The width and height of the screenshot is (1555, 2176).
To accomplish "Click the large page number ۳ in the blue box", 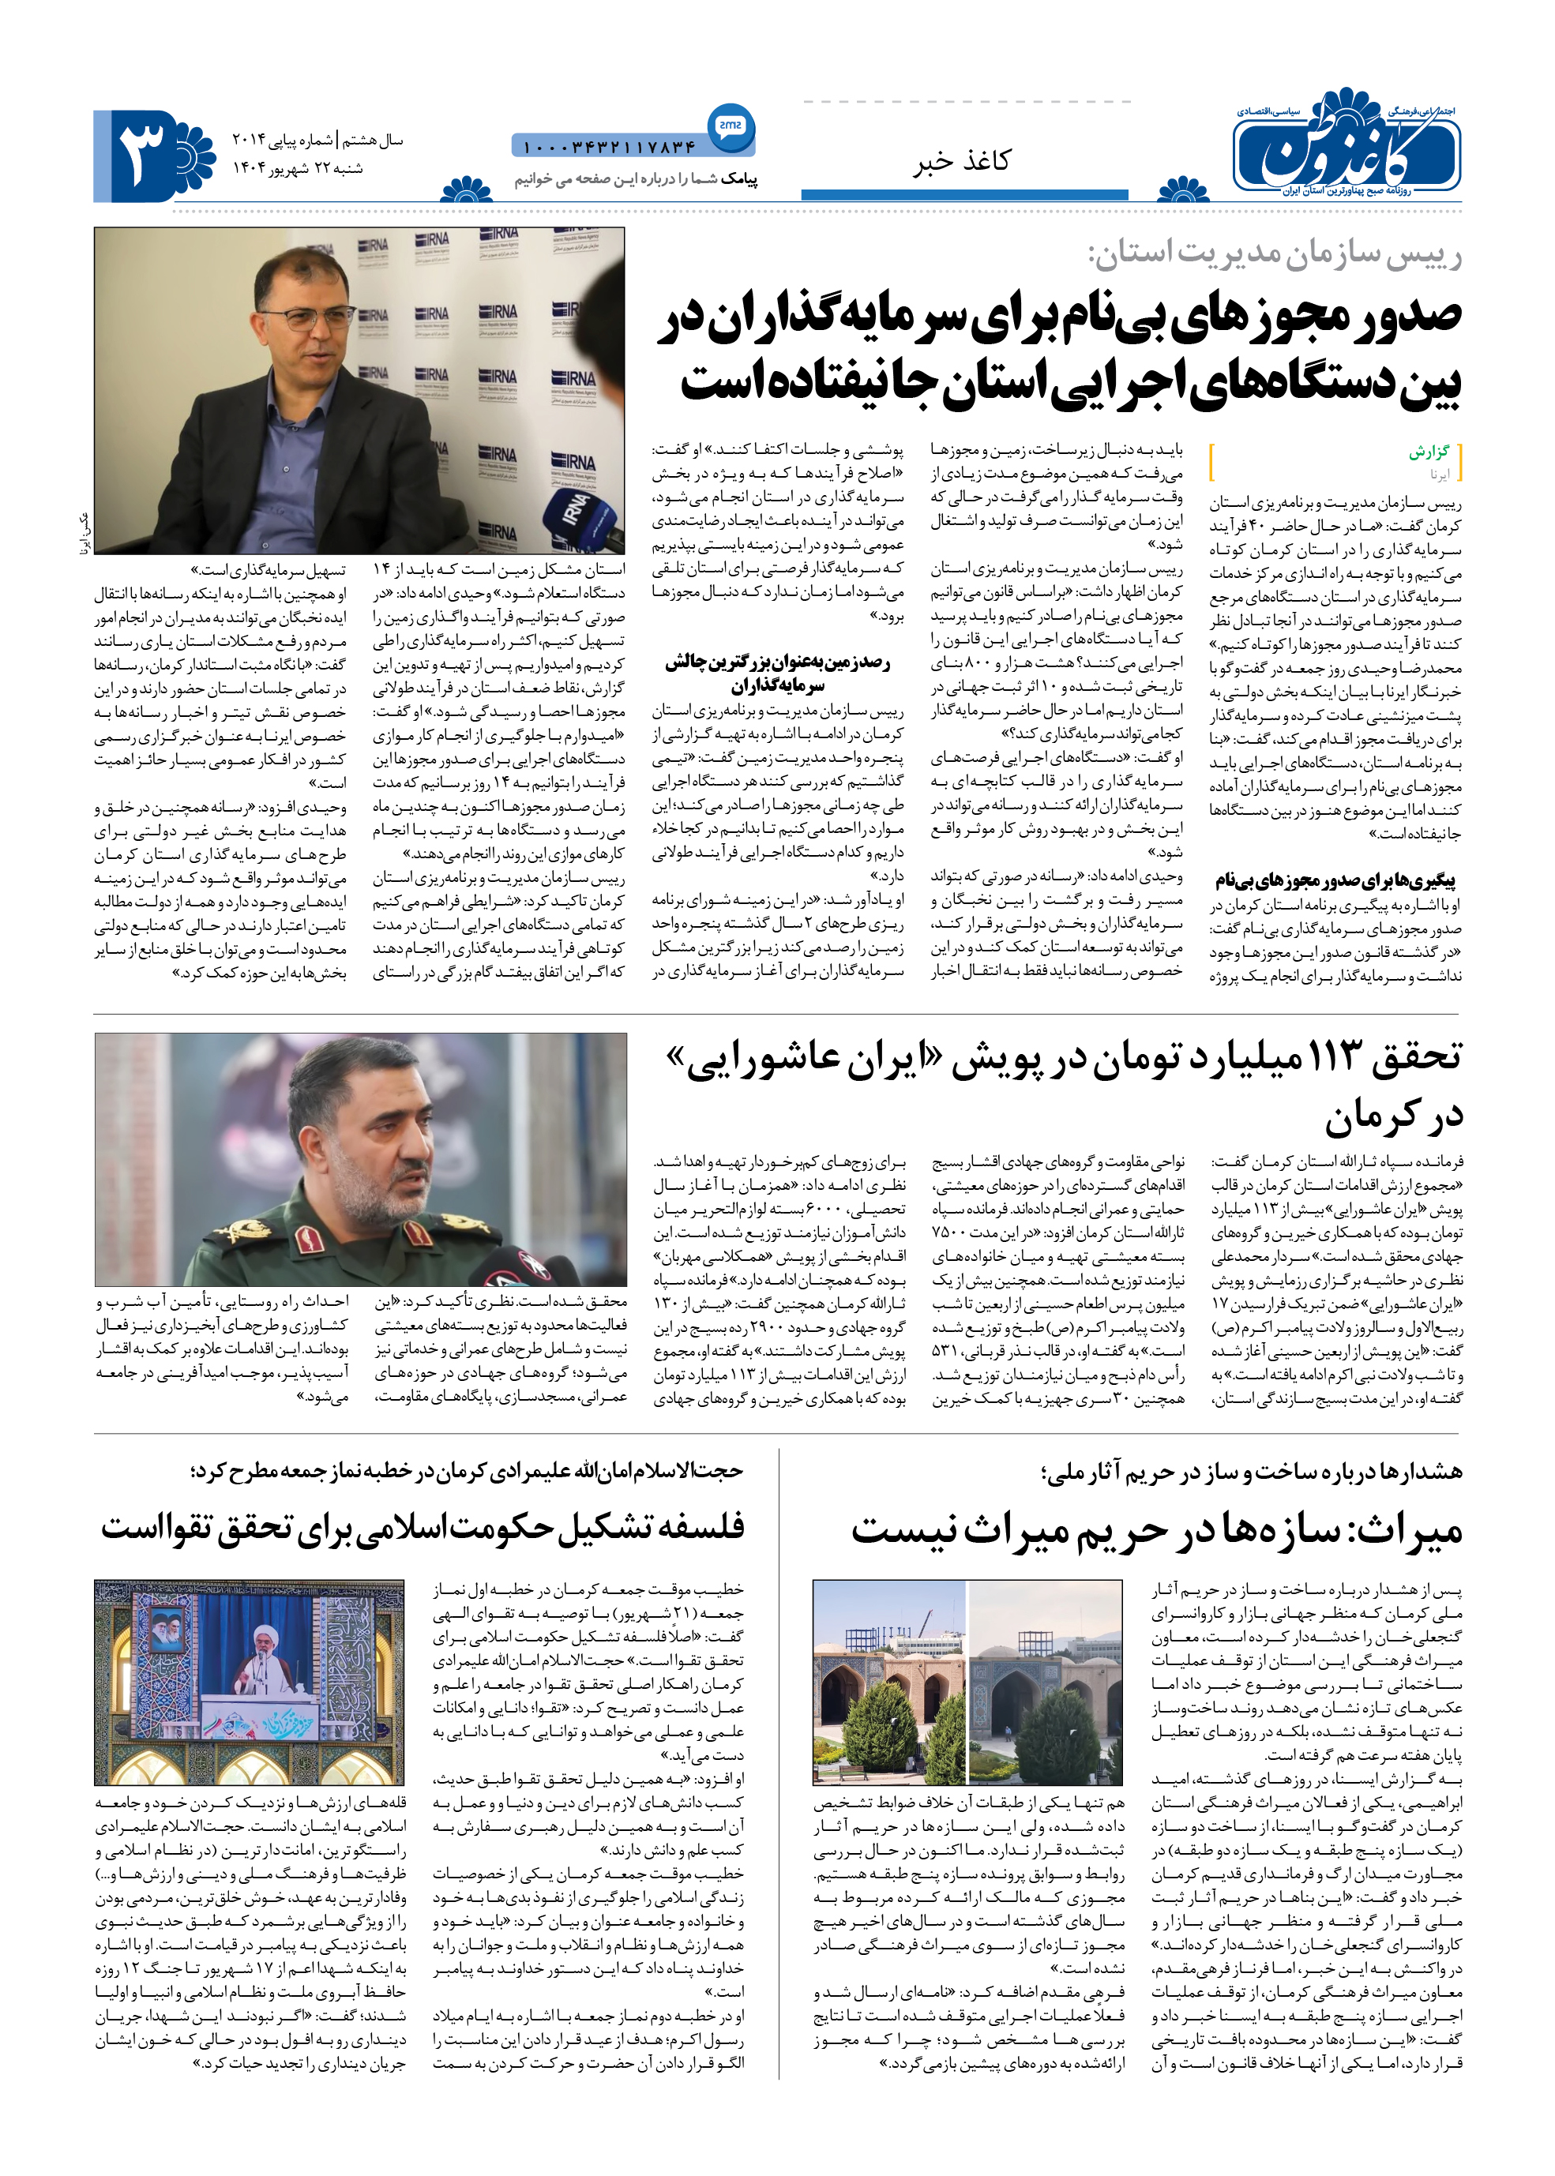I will (x=143, y=154).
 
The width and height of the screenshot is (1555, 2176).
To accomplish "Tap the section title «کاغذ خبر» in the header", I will (x=960, y=161).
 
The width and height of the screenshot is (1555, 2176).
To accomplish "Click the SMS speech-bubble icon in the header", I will (x=731, y=126).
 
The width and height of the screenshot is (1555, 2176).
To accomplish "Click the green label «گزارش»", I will (x=1429, y=452).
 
